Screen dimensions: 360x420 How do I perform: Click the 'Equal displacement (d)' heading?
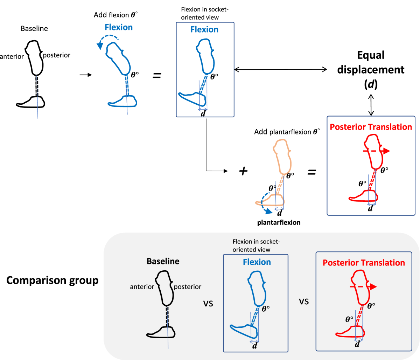[x=371, y=69]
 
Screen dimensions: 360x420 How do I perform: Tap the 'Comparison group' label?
[x=52, y=281]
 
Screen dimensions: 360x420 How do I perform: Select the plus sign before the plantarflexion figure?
[x=243, y=171]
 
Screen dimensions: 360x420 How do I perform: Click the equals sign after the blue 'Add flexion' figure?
[x=157, y=75]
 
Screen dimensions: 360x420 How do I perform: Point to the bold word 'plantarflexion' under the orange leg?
[x=279, y=222]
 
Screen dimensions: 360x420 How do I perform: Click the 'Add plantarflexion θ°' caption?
[x=287, y=132]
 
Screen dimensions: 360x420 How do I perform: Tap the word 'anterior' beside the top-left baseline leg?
[x=12, y=56]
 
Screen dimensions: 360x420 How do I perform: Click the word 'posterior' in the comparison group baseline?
[x=188, y=287]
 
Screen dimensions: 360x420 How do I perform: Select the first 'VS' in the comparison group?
[x=208, y=303]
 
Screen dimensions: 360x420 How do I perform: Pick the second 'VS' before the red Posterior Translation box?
[x=304, y=301]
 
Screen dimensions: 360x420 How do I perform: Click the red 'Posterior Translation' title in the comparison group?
[x=364, y=263]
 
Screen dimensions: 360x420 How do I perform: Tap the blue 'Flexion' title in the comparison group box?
[x=257, y=262]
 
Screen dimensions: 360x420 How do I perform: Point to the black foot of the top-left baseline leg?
[x=31, y=102]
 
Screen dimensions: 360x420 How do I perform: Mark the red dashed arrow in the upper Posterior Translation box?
[x=376, y=151]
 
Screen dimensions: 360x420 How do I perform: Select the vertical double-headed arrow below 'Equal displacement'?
[x=371, y=104]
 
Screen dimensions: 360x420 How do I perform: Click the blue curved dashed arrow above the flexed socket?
[x=106, y=42]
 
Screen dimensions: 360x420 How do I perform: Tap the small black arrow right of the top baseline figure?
[x=86, y=75]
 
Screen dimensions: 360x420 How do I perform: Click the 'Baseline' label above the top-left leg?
[x=34, y=28]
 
